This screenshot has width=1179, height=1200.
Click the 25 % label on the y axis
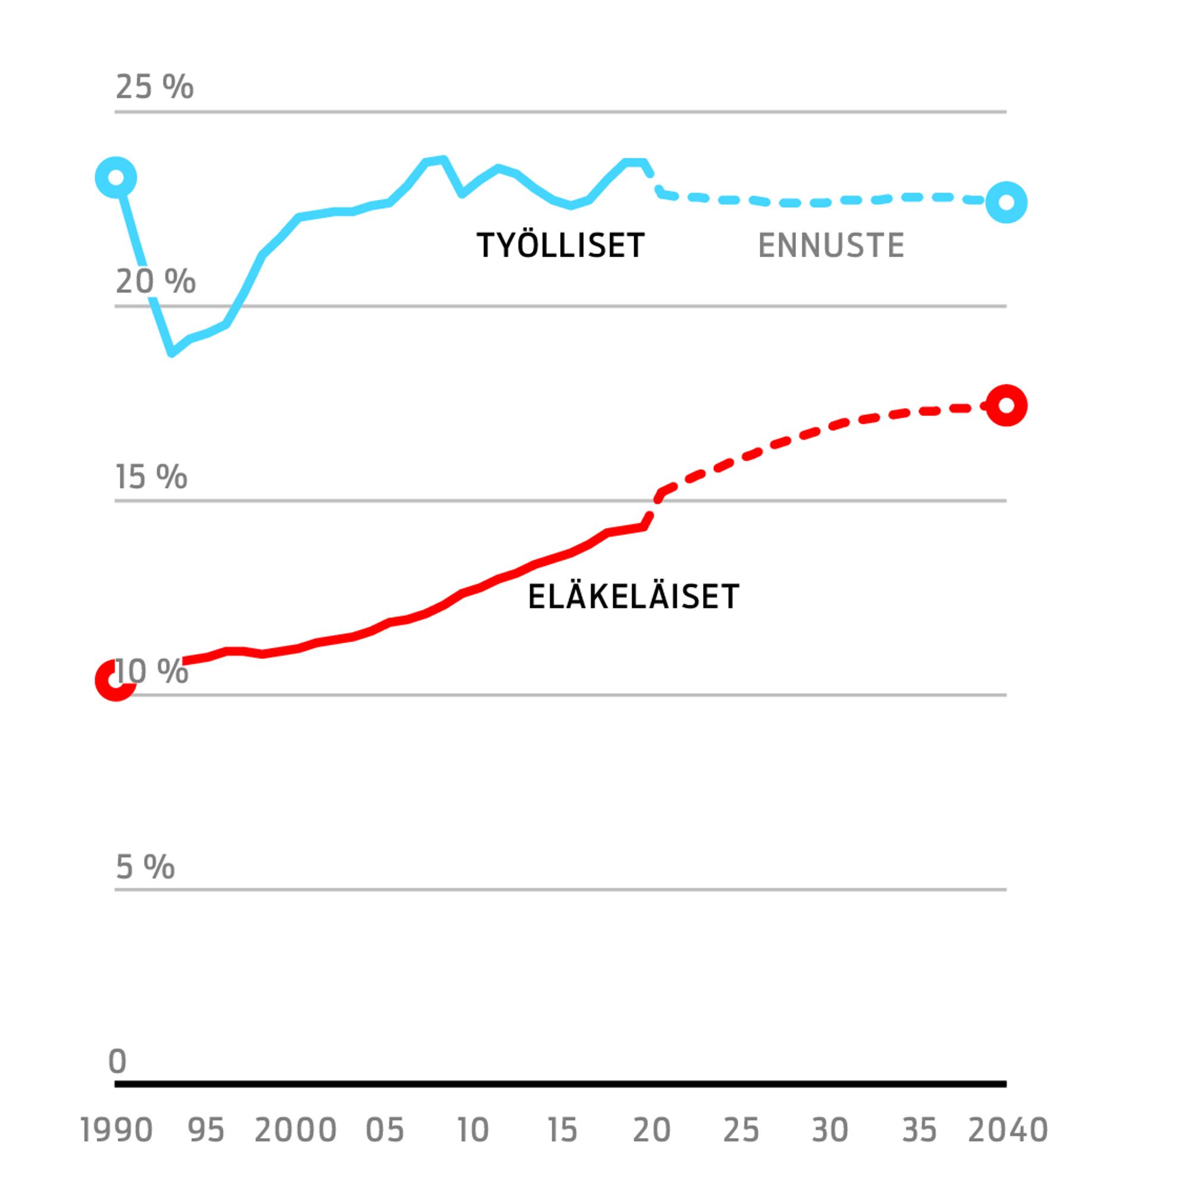point(154,86)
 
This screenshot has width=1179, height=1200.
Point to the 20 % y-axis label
point(155,282)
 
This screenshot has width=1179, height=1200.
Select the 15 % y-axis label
point(151,477)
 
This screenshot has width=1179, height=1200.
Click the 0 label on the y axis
point(117,1061)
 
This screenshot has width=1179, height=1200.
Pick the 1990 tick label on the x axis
point(117,1130)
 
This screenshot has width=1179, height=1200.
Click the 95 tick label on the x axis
point(206,1130)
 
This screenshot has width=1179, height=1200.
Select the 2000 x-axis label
point(296,1130)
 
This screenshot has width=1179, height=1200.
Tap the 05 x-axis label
point(384,1130)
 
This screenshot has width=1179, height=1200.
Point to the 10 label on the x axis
point(473,1130)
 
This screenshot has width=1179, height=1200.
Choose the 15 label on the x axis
point(562,1130)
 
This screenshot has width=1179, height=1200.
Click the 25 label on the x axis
point(741,1130)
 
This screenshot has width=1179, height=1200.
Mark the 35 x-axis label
point(919,1130)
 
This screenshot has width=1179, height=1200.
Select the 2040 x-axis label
point(1008,1130)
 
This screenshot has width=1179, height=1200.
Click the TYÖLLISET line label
point(560,245)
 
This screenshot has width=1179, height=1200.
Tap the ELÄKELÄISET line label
point(634,597)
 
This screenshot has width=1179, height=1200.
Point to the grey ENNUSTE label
point(831,245)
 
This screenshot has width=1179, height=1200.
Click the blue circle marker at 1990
point(116,178)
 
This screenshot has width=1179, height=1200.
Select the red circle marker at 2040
point(1006,405)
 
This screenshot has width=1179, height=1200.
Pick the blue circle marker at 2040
point(1006,202)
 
